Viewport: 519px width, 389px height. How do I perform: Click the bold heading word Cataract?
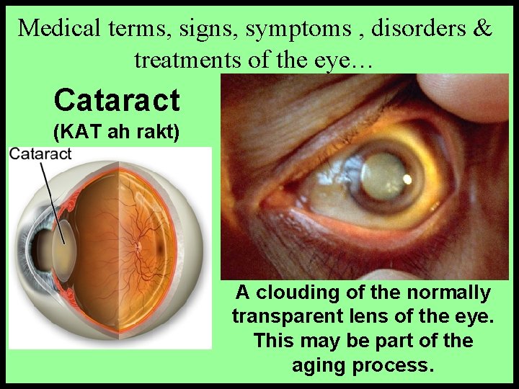click(116, 100)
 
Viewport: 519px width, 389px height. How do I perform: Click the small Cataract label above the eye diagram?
click(40, 153)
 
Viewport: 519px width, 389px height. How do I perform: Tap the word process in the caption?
click(392, 365)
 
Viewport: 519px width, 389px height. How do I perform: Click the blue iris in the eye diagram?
click(40, 238)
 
